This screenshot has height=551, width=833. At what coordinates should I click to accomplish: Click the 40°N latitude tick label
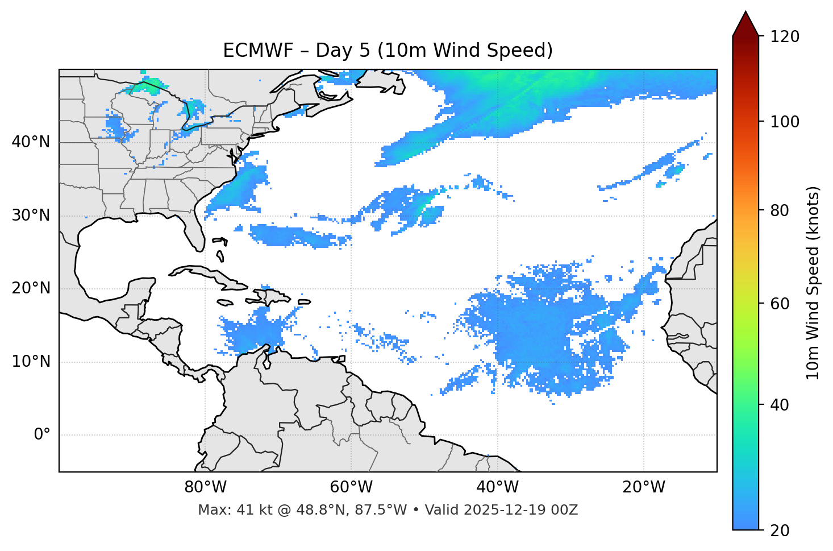[x=31, y=142]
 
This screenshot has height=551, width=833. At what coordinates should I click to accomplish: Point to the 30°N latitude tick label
[x=31, y=216]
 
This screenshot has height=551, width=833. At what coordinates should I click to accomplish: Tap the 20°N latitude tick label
[x=31, y=288]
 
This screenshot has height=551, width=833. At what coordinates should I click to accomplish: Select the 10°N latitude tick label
[x=31, y=362]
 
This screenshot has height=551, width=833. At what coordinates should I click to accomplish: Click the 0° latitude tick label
[x=42, y=435]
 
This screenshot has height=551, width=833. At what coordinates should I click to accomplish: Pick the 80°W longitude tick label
[x=205, y=487]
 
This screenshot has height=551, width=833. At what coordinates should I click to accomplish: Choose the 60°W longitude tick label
[x=351, y=487]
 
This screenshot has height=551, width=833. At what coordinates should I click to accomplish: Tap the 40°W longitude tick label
[x=498, y=487]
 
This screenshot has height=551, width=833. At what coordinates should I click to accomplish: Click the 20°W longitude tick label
[x=644, y=487]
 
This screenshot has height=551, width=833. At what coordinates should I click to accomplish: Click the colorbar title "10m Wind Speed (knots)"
[x=813, y=283]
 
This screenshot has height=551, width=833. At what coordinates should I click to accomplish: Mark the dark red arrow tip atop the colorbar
[x=745, y=23]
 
